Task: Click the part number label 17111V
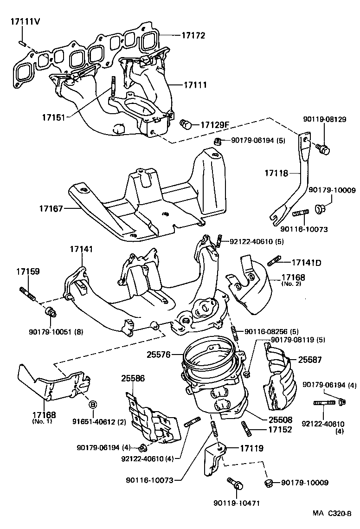pos(23,22)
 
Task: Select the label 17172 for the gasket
pos(193,35)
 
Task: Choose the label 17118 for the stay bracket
pos(277,173)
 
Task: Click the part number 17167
pos(51,209)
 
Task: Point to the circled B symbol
pos(92,404)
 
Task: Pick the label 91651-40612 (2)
pos(98,421)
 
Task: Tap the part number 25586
pos(133,378)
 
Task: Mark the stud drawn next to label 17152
pos(246,428)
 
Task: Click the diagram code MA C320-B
pos(332,514)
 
